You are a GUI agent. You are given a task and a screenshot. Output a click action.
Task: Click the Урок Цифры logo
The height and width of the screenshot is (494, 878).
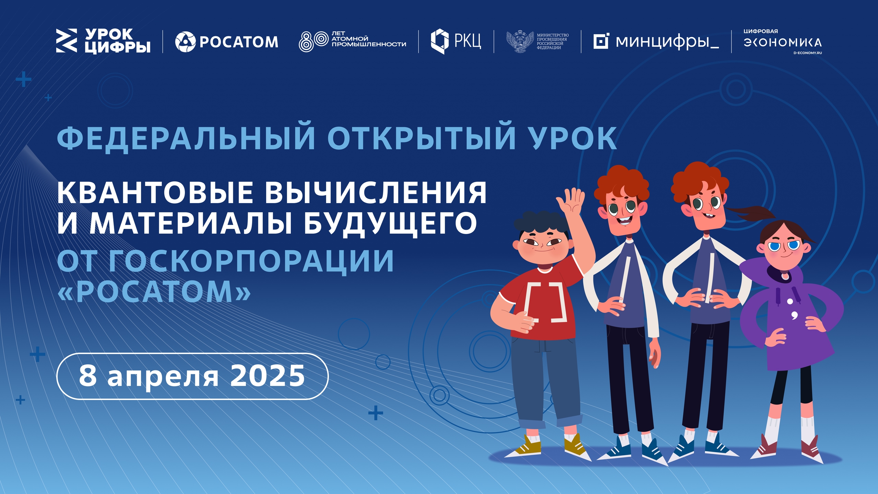(103, 41)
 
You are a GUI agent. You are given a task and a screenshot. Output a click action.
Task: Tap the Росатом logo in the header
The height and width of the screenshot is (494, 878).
(227, 42)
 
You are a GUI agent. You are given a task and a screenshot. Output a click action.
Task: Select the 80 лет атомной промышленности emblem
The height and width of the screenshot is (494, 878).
(352, 41)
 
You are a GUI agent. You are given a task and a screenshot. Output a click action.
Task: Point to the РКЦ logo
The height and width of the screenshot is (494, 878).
(456, 41)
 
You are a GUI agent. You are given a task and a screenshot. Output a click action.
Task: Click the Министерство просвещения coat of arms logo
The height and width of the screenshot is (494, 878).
(537, 42)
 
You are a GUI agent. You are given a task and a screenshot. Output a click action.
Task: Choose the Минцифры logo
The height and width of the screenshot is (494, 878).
(656, 42)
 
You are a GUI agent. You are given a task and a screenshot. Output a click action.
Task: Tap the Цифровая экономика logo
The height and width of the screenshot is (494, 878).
(783, 42)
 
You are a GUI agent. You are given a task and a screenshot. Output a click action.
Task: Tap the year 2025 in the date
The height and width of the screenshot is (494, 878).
(268, 376)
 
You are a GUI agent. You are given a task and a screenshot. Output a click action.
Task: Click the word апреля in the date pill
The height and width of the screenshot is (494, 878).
(163, 378)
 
